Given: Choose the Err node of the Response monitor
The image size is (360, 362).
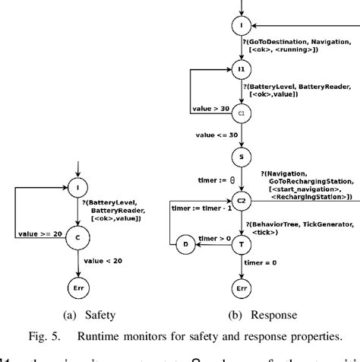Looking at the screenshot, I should coord(242,289).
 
